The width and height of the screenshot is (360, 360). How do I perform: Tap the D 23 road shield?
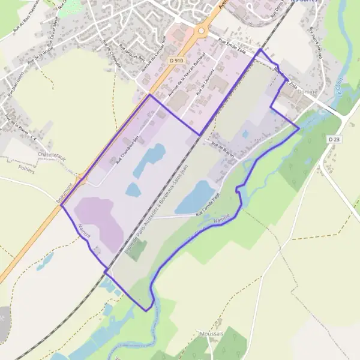334,139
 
